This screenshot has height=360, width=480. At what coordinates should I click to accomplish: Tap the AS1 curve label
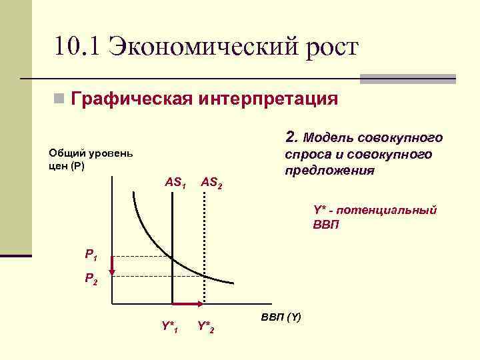[175, 181]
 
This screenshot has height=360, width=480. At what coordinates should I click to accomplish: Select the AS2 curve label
[211, 181]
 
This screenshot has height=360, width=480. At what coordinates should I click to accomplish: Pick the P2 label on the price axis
[91, 279]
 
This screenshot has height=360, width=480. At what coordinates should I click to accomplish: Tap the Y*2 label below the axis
[206, 327]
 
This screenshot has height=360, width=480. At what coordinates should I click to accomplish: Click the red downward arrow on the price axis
[112, 265]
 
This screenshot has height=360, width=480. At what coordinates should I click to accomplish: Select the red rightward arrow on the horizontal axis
[188, 304]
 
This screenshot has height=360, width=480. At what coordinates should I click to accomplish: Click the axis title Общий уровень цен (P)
[91, 159]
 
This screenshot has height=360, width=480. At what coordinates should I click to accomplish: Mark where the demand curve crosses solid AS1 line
[172, 257]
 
